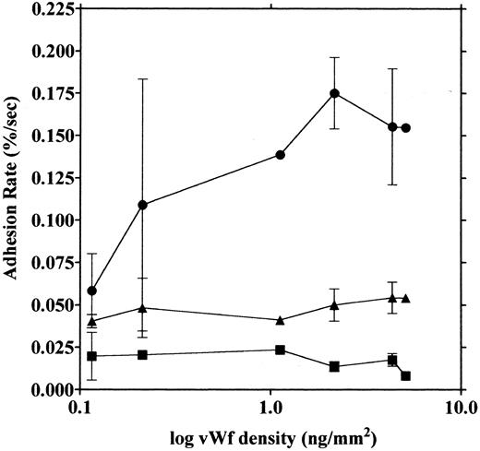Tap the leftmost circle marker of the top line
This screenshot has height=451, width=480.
(x=91, y=291)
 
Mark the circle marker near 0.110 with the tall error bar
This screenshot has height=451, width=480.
(x=142, y=205)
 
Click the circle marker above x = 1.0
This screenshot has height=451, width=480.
(x=280, y=155)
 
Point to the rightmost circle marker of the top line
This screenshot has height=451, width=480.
(x=406, y=128)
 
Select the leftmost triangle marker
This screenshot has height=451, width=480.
(x=91, y=321)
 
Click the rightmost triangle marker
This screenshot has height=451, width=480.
(x=406, y=298)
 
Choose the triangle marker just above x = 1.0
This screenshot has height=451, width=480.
(x=280, y=320)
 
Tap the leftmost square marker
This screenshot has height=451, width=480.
(x=91, y=356)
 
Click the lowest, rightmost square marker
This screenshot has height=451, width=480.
(x=406, y=375)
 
